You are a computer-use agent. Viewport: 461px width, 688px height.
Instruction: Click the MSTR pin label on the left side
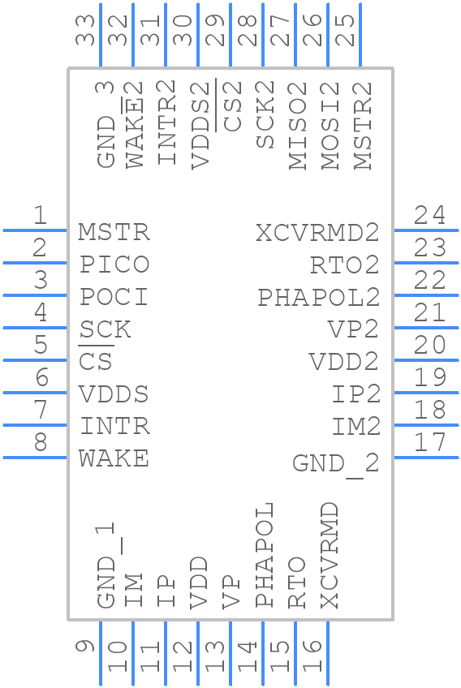point(114,232)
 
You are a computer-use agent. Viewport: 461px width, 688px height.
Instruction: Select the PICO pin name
point(114,264)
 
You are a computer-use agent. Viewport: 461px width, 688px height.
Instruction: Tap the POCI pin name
point(114,297)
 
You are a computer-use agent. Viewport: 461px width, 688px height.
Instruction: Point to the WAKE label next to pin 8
point(114,458)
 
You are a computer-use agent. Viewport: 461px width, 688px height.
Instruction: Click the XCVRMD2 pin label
point(317,233)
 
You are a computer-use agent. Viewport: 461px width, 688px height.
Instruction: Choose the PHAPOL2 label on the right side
point(318,298)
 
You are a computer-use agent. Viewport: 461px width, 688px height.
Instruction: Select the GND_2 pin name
point(335,463)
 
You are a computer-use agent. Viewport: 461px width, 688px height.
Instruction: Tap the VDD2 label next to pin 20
point(343,362)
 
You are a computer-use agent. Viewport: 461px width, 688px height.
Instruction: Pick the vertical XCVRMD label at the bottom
point(329,554)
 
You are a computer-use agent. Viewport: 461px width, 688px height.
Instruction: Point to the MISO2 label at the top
point(298,125)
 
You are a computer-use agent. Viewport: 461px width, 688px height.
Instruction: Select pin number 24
point(429,215)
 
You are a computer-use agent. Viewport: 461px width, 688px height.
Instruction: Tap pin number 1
point(39,215)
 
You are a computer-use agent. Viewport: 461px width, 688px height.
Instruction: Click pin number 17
point(429,442)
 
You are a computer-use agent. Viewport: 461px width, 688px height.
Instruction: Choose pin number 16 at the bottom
point(312,656)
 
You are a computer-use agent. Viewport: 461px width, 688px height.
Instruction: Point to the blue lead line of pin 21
point(426,328)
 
